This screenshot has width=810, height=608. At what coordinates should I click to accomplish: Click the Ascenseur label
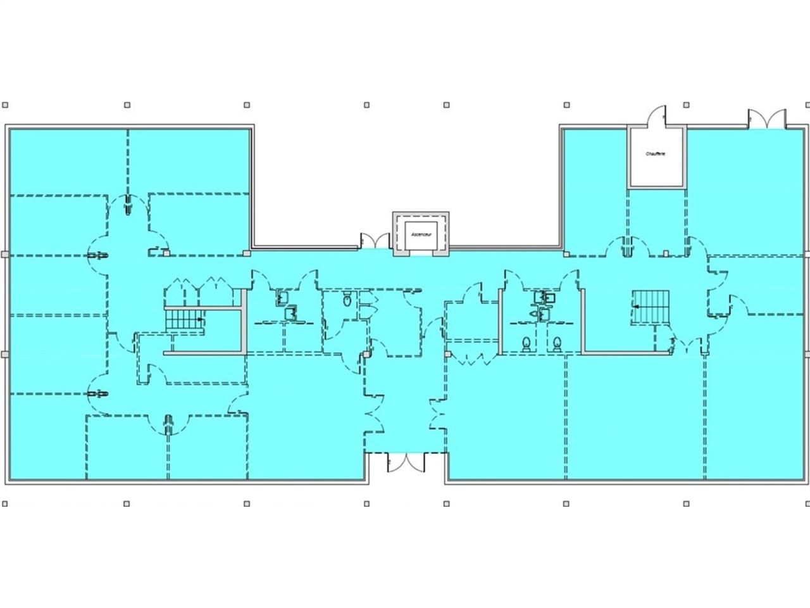click(x=421, y=234)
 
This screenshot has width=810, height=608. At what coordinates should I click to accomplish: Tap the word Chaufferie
click(x=656, y=153)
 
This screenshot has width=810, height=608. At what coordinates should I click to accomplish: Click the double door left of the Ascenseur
click(x=374, y=241)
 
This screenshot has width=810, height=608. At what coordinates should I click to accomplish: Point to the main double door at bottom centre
click(x=406, y=462)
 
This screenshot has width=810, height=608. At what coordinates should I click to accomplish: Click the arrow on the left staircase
click(x=201, y=320)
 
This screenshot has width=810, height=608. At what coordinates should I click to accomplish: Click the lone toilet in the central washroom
click(x=346, y=301)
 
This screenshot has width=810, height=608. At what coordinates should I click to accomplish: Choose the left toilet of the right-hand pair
click(x=526, y=343)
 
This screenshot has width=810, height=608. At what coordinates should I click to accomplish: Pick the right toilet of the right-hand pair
click(x=557, y=343)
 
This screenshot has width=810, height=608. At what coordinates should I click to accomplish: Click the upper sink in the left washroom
click(x=282, y=296)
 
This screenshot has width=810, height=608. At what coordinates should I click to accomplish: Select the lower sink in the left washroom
click(x=290, y=312)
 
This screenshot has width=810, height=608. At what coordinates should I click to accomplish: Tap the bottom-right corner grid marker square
click(x=804, y=503)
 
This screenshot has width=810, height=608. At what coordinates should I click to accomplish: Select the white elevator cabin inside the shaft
click(x=421, y=233)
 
